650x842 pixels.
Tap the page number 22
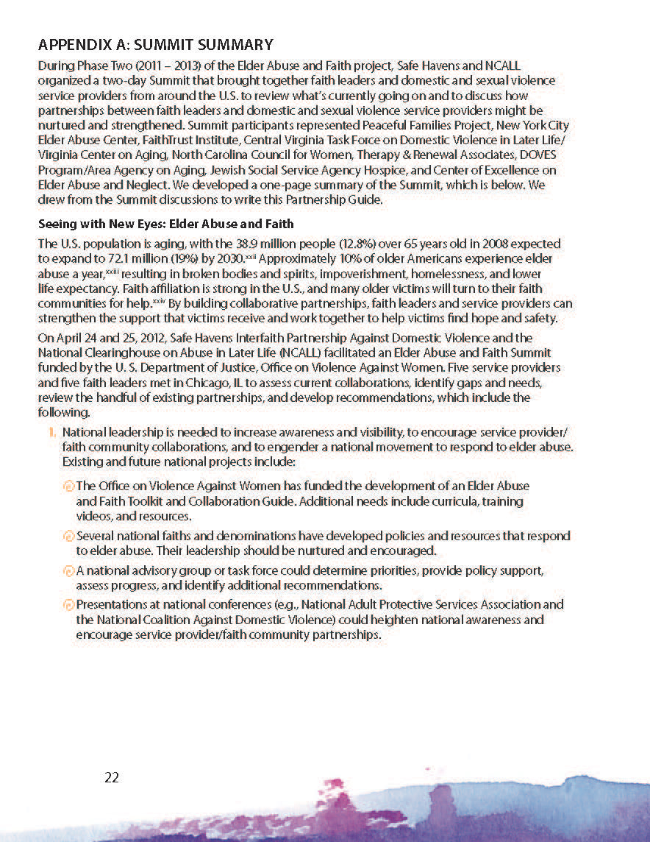112,777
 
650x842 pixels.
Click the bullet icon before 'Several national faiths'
69,537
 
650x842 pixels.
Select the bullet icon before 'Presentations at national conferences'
69,605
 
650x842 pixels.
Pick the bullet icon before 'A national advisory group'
69,571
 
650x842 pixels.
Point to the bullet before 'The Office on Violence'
69,487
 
